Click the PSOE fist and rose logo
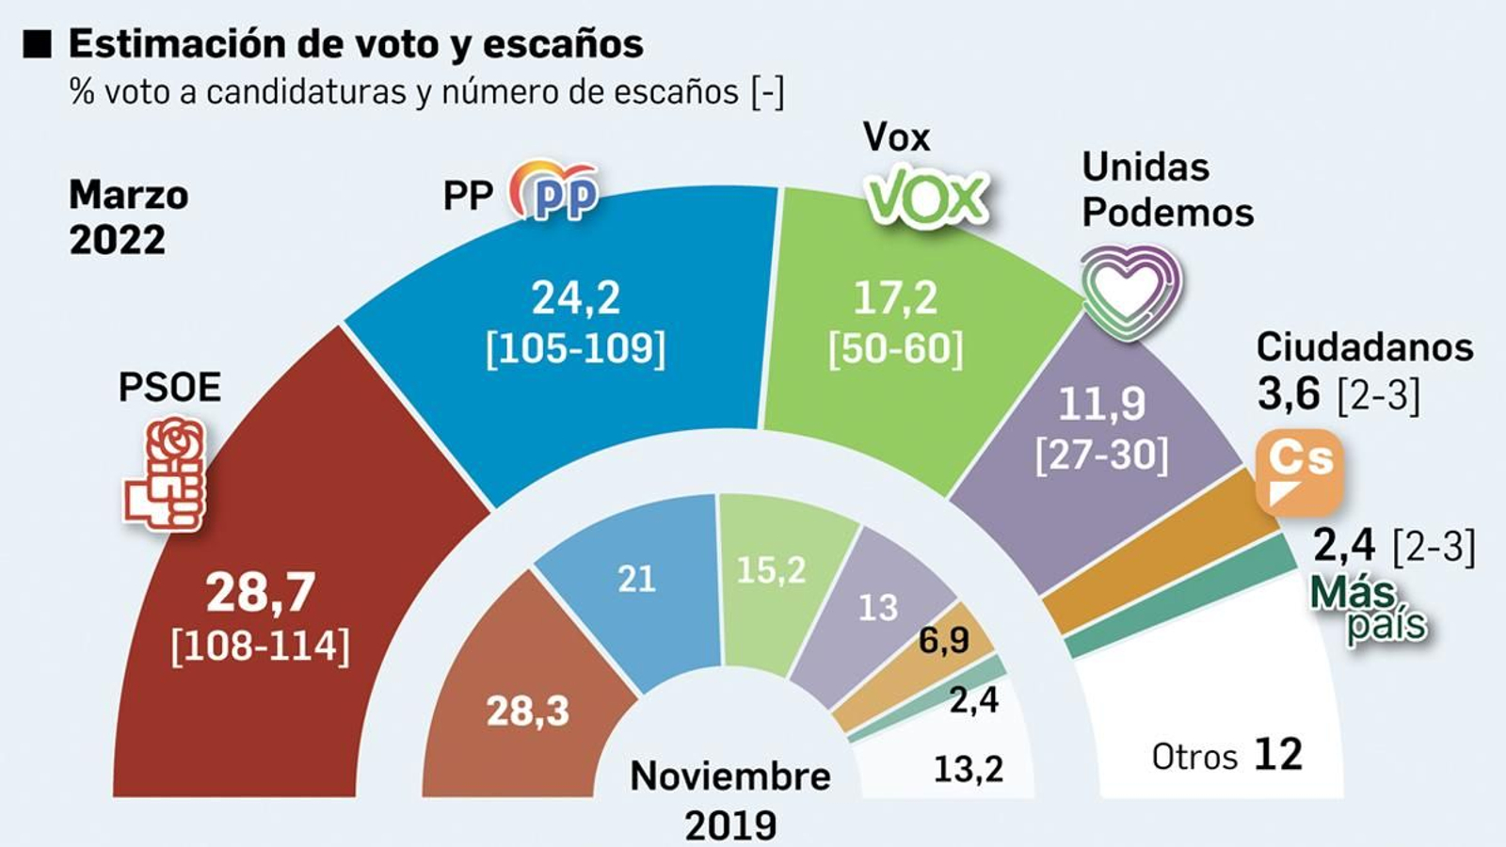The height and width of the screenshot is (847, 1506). pyautogui.click(x=166, y=474)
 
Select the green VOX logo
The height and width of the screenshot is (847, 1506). pyautogui.click(x=927, y=197)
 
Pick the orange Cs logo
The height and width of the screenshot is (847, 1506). pyautogui.click(x=1300, y=471)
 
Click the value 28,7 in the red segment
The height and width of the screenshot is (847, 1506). pyautogui.click(x=261, y=593)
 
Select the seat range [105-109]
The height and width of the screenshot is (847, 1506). pyautogui.click(x=575, y=349)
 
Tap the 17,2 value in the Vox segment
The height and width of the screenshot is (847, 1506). pyautogui.click(x=895, y=298)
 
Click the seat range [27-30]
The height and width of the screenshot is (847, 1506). pyautogui.click(x=1101, y=456)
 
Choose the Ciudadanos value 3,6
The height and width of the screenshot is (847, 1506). pyautogui.click(x=1289, y=394)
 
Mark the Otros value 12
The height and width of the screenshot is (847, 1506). pyautogui.click(x=1278, y=755)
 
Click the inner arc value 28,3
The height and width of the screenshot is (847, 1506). pyautogui.click(x=527, y=711)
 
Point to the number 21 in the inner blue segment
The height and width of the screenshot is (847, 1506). pyautogui.click(x=636, y=579)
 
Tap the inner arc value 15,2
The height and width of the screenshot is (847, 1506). pyautogui.click(x=771, y=569)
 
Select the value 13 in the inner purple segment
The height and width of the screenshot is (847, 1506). pyautogui.click(x=877, y=608)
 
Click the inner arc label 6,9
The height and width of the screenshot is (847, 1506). pyautogui.click(x=944, y=641)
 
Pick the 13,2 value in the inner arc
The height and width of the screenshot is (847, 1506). pyautogui.click(x=968, y=770)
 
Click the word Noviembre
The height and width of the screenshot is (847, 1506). pyautogui.click(x=730, y=776)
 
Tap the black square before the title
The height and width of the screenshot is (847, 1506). pyautogui.click(x=37, y=44)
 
